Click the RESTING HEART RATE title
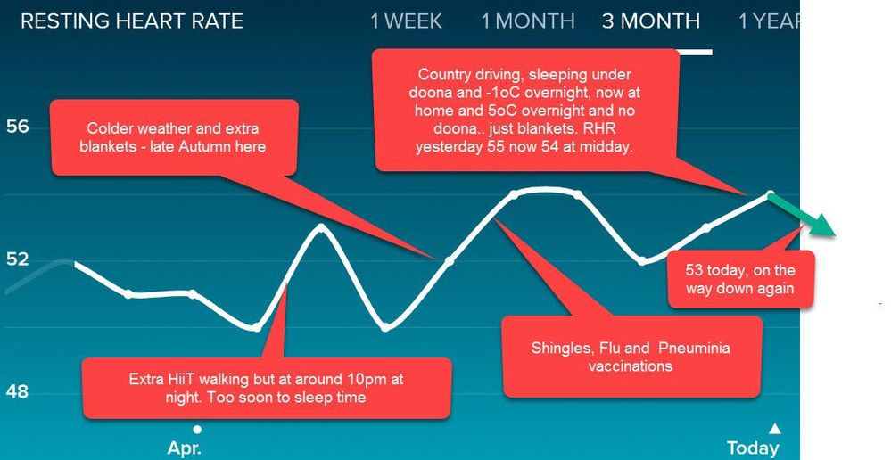[132, 21]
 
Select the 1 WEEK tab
[406, 21]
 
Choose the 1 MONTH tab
[528, 21]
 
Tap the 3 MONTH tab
[650, 21]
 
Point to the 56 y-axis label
[17, 126]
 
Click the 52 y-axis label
[17, 259]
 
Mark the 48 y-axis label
[17, 391]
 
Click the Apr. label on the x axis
[184, 448]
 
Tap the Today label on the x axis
[753, 448]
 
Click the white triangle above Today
[774, 428]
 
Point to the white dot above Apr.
[197, 429]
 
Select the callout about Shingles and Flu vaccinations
[631, 357]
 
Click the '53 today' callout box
[740, 279]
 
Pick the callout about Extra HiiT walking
[266, 388]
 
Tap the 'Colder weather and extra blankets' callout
[173, 137]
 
